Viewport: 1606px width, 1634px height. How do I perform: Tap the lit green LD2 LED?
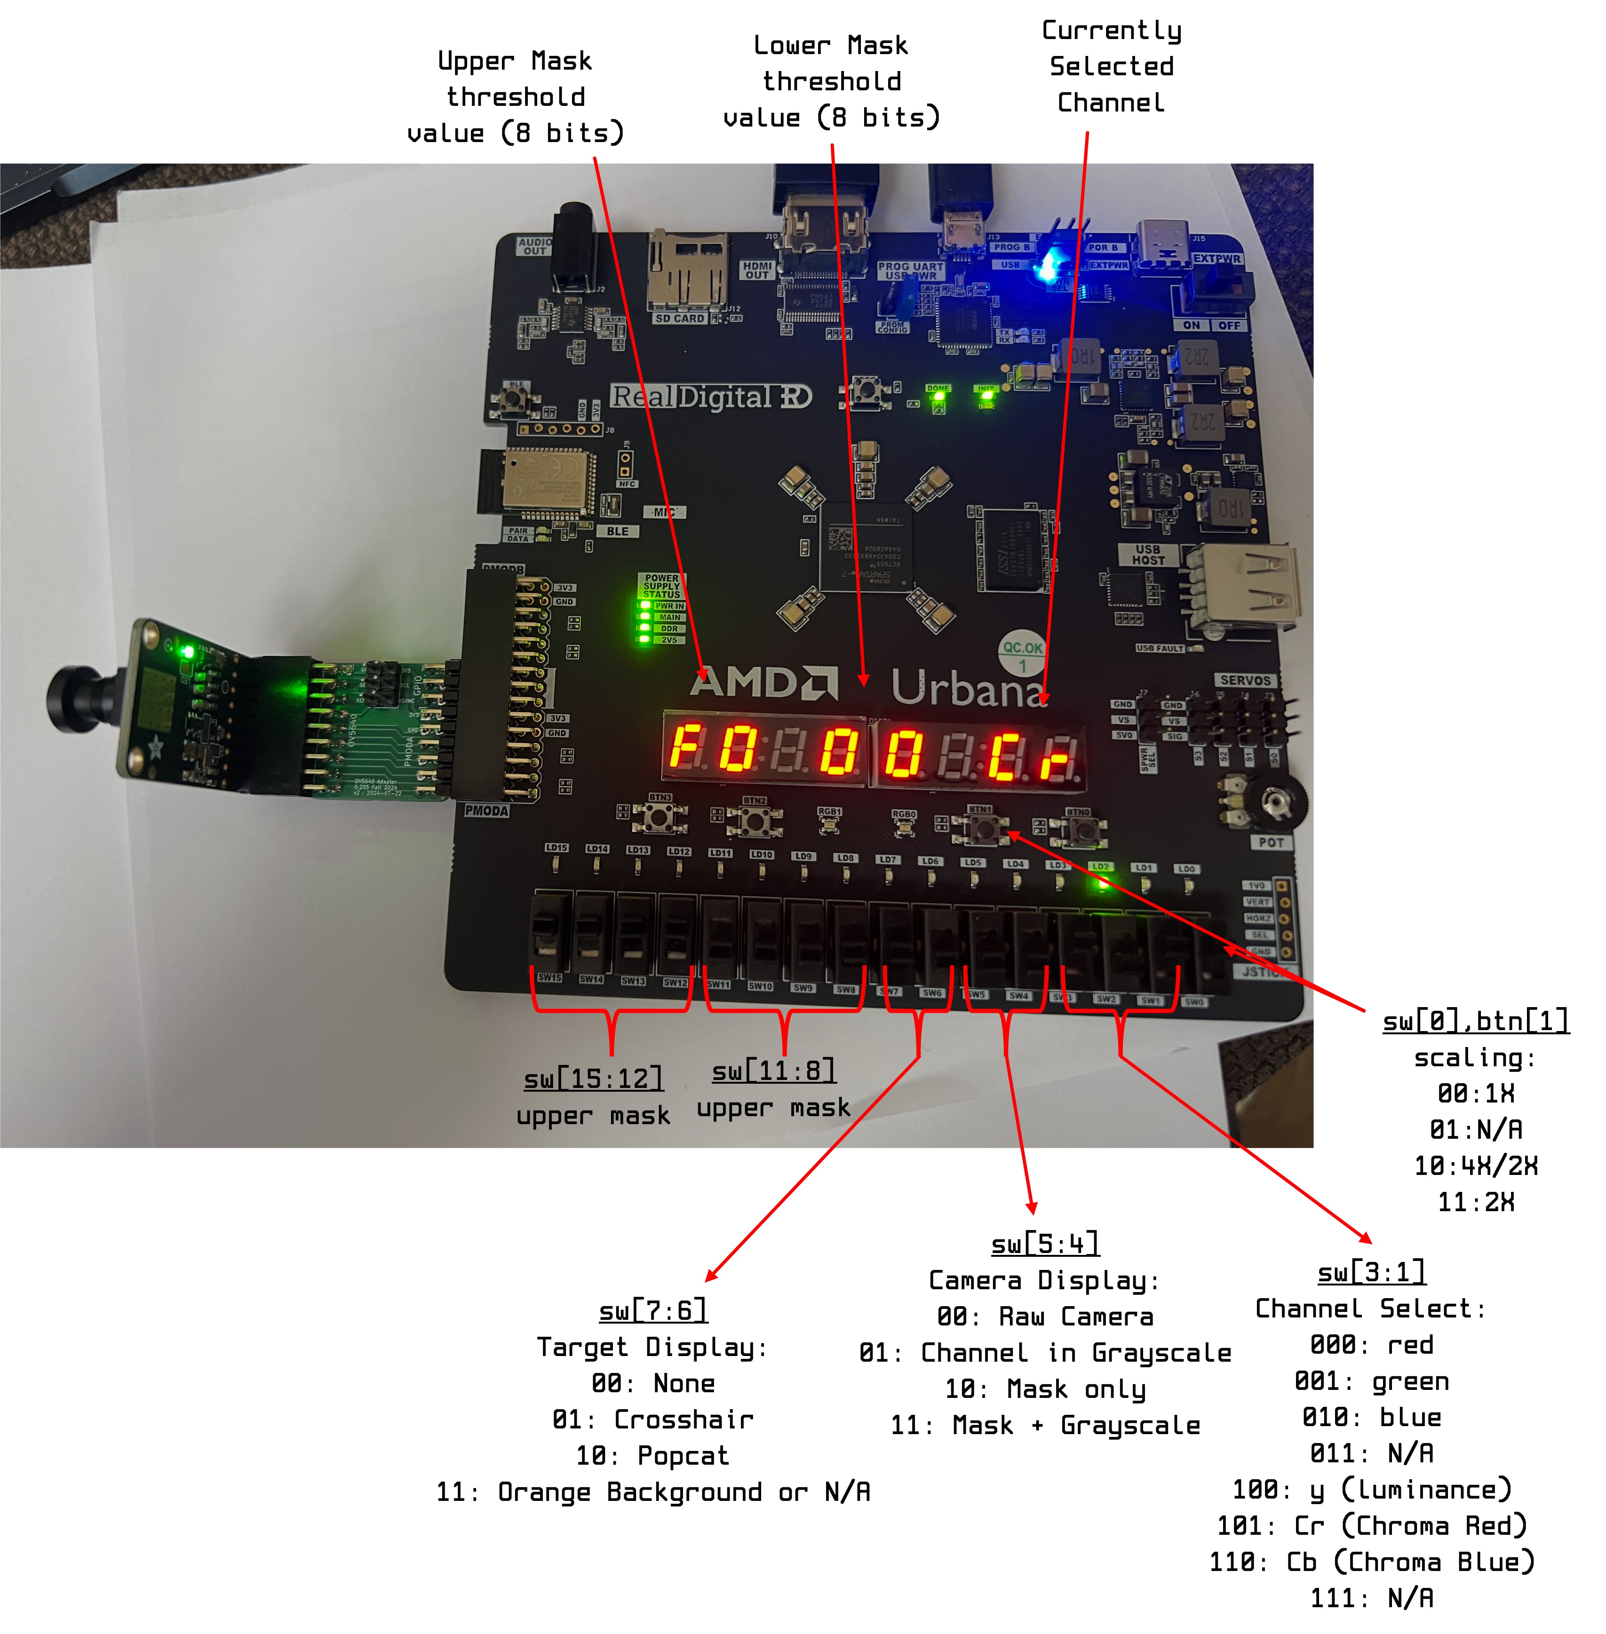click(1101, 883)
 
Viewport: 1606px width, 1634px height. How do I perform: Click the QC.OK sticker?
click(1022, 651)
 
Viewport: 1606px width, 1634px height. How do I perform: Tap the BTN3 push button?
click(660, 817)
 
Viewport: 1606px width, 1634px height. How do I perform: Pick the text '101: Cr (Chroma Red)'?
click(1372, 1526)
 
